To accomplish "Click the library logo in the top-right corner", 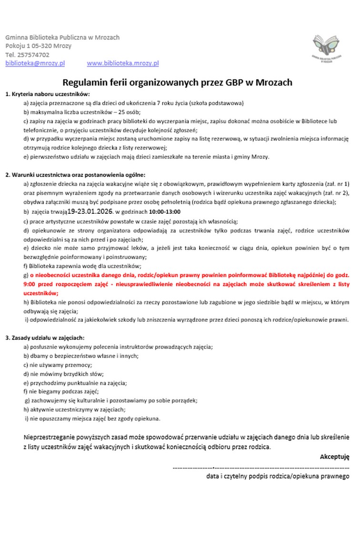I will (x=327, y=48).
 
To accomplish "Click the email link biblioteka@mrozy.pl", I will (x=35, y=63).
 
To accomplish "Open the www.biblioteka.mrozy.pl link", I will (x=123, y=63).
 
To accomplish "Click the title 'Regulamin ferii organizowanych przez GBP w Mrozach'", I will (x=178, y=82).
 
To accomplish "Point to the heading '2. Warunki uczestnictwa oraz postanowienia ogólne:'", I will (x=76, y=175).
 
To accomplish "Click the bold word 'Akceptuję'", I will (x=335, y=457).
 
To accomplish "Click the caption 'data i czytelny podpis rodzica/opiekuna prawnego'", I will (x=278, y=476).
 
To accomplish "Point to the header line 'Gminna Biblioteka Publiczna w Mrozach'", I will (x=62, y=37).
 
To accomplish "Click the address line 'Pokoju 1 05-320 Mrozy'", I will (x=38, y=46).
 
